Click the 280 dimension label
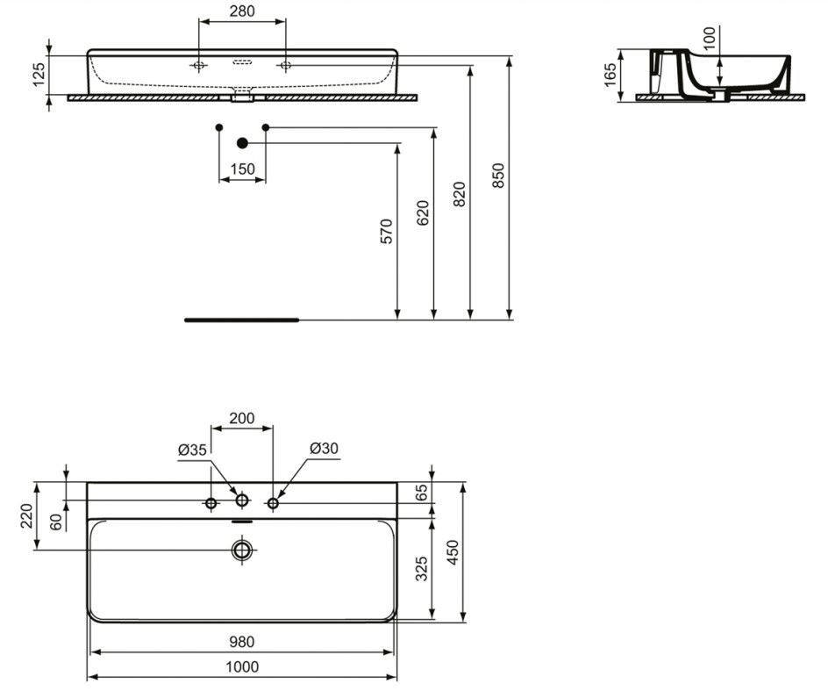pos(242,11)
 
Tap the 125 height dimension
pos(39,75)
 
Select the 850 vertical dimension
pos(498,176)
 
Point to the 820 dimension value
pos(460,194)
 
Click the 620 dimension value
pos(423,213)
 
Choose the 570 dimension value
pos(387,231)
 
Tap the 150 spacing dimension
pos(242,169)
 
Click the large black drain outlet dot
pos(242,143)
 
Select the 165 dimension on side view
pos(610,75)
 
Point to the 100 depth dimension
pos(710,38)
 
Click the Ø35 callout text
pos(192,450)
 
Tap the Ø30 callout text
pos(324,449)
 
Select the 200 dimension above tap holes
pos(242,418)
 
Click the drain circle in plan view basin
pos(242,551)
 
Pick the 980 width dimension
pos(242,642)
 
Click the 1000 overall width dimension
pos(242,667)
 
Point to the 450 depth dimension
pos(453,552)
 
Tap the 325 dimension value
pos(421,569)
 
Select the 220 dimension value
pos(26,516)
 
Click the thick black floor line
pos(242,320)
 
